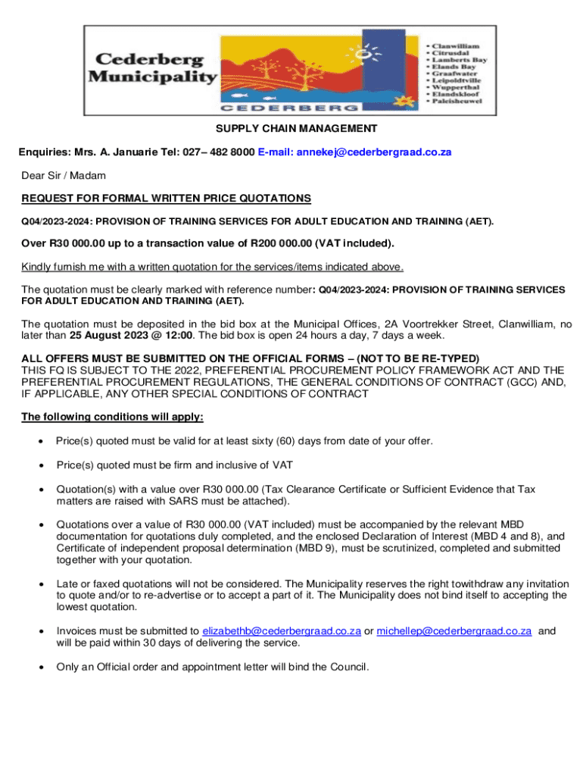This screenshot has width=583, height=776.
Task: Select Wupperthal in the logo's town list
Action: (454, 86)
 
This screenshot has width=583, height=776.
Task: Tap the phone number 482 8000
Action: (227, 152)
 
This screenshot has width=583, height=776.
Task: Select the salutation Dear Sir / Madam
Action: (64, 176)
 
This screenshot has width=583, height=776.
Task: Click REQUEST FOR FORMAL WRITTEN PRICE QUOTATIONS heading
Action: (166, 199)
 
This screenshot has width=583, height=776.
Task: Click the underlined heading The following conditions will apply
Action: (112, 417)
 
